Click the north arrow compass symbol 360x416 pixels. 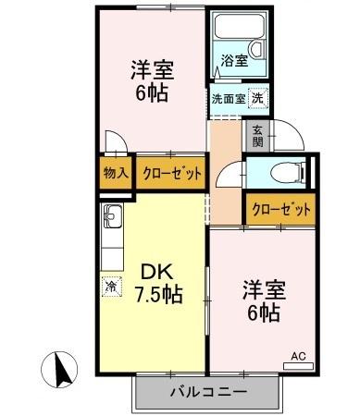coord(62,371)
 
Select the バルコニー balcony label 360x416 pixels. coord(207,391)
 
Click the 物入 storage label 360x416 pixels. coord(115,172)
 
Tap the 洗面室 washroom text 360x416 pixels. coord(225,97)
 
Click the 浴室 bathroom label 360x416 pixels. coord(233,62)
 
